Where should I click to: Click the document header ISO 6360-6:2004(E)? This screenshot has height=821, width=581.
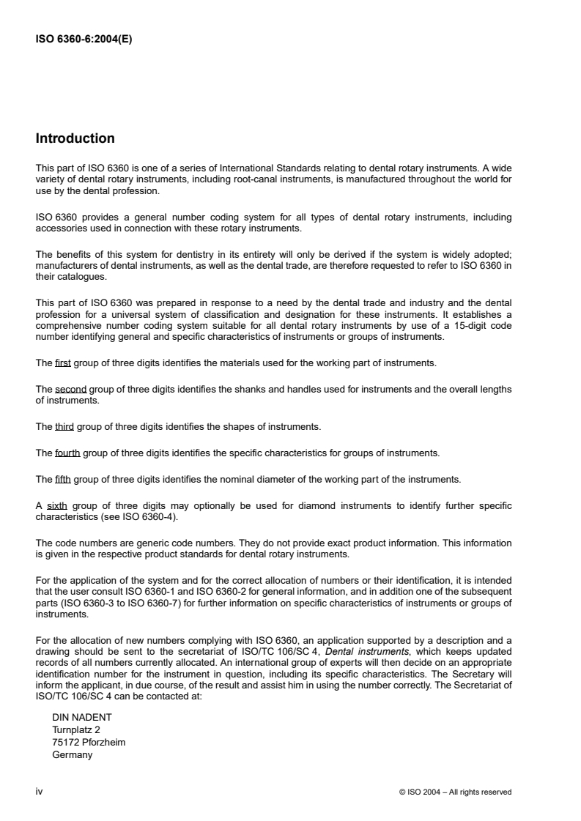point(84,41)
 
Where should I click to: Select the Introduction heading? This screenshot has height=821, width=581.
point(75,138)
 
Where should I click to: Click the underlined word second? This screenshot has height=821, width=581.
point(70,389)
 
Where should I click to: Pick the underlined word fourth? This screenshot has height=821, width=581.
point(67,453)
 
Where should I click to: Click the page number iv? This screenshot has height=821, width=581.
point(40,791)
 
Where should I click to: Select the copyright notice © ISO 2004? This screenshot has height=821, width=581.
point(432,792)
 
